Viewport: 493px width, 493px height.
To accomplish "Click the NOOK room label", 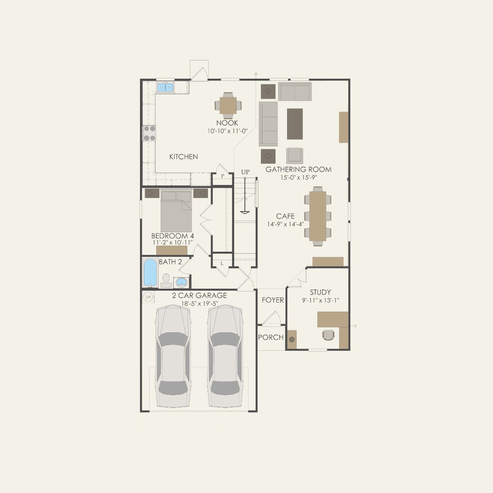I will tap(227, 123).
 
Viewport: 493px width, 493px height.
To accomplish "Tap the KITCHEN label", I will tap(183, 157).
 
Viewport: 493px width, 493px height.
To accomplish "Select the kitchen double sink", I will tap(165, 87).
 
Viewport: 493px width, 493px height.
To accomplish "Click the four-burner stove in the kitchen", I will tap(149, 133).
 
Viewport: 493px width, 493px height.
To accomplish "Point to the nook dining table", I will tap(228, 105).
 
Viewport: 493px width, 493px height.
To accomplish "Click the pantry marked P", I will tap(222, 176).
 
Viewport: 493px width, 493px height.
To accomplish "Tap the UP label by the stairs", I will tap(245, 172).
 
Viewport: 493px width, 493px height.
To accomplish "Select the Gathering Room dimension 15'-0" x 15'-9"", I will tap(298, 178).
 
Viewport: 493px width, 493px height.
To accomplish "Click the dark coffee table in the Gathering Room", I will tap(295, 124).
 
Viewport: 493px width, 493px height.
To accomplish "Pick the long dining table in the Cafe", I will tap(318, 216).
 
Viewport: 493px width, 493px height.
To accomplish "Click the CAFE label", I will tap(285, 216).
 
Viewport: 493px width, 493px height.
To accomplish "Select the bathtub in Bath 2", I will tap(150, 272).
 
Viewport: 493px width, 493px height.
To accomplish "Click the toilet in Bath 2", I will tap(166, 280).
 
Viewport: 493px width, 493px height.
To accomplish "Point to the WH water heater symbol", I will tap(148, 297).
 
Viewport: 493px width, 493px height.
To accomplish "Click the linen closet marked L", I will tap(222, 264).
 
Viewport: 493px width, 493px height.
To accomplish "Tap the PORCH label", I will tap(271, 337).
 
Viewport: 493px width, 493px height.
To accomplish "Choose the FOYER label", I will tap(273, 300).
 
